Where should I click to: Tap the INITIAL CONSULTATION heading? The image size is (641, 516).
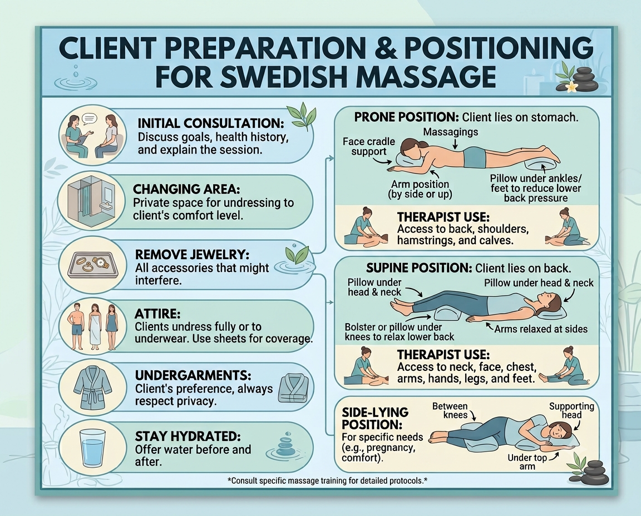(x=211, y=123)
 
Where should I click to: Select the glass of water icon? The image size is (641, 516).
(x=93, y=448)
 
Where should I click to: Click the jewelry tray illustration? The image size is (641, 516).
(x=93, y=264)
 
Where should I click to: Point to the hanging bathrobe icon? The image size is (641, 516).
(x=93, y=388)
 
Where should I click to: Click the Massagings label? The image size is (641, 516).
(x=451, y=132)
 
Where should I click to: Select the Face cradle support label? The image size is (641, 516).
(x=369, y=146)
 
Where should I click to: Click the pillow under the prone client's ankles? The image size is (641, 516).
(x=541, y=166)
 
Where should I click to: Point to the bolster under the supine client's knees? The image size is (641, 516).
(x=450, y=314)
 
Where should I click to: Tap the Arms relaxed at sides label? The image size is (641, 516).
(x=541, y=329)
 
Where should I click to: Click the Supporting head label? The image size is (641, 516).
(x=571, y=410)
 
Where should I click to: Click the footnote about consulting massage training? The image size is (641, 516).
(x=327, y=480)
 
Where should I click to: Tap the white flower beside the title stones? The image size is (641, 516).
(x=570, y=86)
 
